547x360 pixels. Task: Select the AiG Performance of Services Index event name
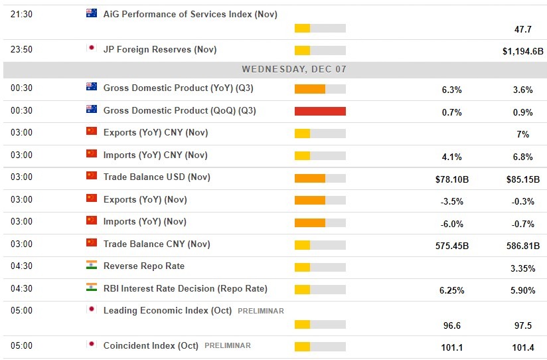coord(190,14)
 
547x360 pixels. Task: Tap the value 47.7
coord(522,29)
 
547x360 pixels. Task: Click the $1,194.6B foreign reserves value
coord(522,51)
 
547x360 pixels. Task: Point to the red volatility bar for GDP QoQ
coord(320,111)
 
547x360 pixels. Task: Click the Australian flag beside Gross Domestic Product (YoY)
coord(92,87)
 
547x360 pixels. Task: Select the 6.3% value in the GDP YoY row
coord(451,90)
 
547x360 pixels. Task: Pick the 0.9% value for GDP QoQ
coord(522,112)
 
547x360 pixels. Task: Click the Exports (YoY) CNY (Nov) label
coord(155,132)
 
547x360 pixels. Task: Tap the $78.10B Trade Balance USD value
coord(451,179)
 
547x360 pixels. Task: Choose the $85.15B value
coord(522,179)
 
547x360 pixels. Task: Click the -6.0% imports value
coord(451,223)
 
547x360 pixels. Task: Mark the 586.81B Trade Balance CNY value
coord(522,246)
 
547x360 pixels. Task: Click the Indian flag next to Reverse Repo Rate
coord(92,265)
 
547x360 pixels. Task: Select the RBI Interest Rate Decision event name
coord(185,288)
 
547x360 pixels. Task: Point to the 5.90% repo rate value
coord(522,290)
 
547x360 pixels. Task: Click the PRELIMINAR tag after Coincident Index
coord(227,345)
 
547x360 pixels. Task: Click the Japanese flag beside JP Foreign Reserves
coord(92,48)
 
